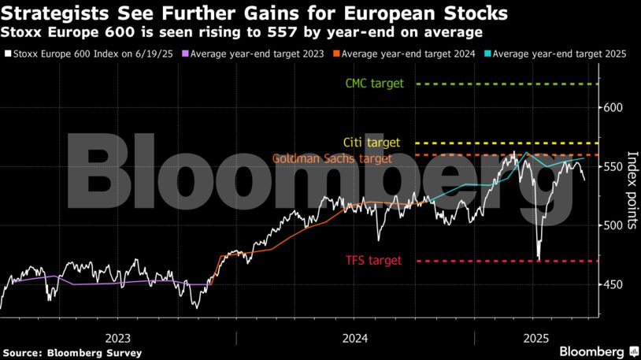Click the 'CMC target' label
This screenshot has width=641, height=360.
tap(374, 84)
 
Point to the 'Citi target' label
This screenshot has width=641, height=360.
tap(372, 143)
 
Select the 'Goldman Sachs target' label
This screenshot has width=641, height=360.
tap(332, 158)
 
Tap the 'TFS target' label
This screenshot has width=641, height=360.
tap(373, 261)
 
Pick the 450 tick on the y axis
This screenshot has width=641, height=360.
tap(613, 285)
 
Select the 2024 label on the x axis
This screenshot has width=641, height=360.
tap(355, 336)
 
